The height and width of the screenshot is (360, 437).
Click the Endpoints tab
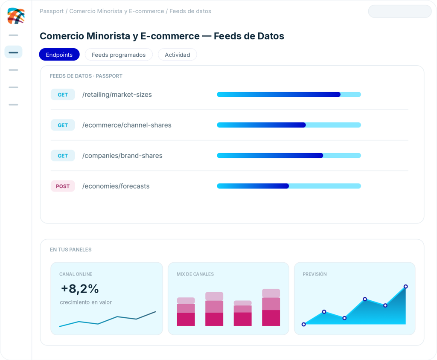pyautogui.click(x=59, y=55)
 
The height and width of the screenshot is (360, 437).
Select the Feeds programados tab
pyautogui.click(x=119, y=55)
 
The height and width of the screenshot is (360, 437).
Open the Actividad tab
pyautogui.click(x=177, y=55)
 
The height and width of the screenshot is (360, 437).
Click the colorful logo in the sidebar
pyautogui.click(x=16, y=16)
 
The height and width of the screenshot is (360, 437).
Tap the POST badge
pyautogui.click(x=63, y=186)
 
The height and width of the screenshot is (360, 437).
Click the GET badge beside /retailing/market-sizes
pyautogui.click(x=63, y=95)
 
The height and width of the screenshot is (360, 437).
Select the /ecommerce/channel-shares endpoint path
pyautogui.click(x=127, y=125)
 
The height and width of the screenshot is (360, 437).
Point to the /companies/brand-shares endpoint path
pyautogui.click(x=122, y=156)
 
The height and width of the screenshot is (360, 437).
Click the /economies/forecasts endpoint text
pyautogui.click(x=116, y=186)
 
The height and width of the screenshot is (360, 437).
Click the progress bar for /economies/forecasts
pyautogui.click(x=289, y=186)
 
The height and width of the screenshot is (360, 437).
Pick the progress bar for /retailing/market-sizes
pyautogui.click(x=289, y=94)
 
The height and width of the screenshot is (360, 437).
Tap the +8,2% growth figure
pyautogui.click(x=80, y=289)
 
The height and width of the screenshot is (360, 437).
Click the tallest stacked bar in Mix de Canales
pyautogui.click(x=271, y=308)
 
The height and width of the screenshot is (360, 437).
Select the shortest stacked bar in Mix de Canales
pyautogui.click(x=242, y=313)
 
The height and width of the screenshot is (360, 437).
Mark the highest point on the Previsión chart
pyautogui.click(x=406, y=287)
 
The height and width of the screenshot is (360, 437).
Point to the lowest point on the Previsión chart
pyautogui.click(x=304, y=324)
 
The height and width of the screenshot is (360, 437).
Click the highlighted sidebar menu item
pyautogui.click(x=13, y=52)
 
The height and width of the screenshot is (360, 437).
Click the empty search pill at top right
pyautogui.click(x=400, y=12)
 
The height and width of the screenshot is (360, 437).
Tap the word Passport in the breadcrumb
pyautogui.click(x=52, y=11)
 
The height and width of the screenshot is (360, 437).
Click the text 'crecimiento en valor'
pyautogui.click(x=86, y=302)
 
